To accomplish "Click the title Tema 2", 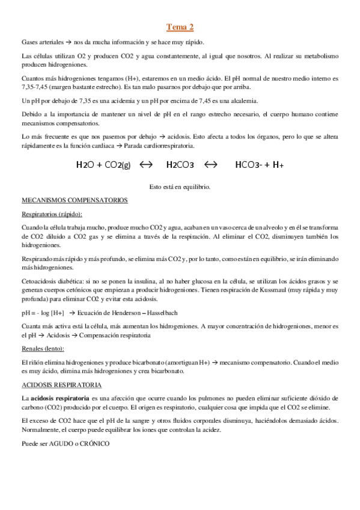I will click(180, 27).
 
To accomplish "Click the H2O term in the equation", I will click(87, 165).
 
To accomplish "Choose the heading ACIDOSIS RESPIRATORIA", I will click(62, 384).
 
